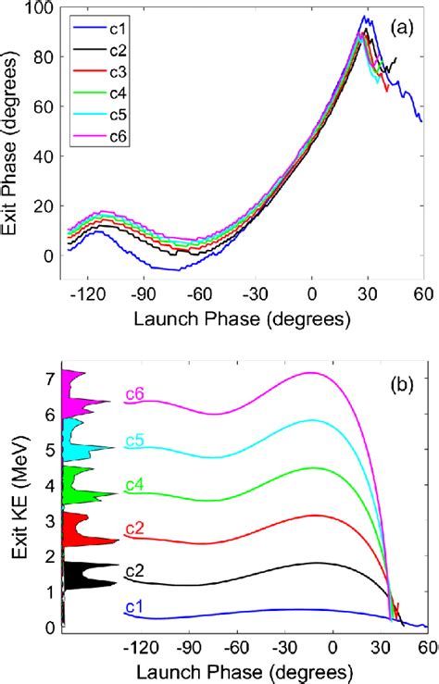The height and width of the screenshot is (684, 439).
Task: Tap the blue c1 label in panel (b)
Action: tap(135, 606)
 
